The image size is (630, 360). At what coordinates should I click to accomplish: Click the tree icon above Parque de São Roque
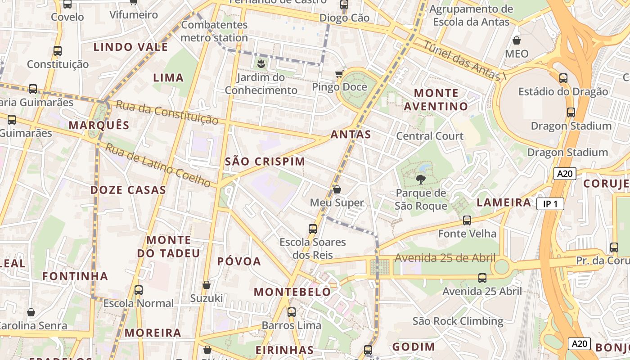(421, 180)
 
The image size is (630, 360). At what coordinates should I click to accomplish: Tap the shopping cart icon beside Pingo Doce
(339, 74)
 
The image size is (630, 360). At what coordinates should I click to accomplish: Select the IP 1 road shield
(550, 204)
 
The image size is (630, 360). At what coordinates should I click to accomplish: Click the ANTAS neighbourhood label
(351, 134)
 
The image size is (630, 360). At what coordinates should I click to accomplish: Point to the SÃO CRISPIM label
(265, 162)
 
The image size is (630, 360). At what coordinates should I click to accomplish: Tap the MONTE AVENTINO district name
(436, 99)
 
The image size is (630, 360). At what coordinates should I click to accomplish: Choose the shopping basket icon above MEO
(517, 40)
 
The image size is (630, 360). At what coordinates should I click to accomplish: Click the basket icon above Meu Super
(337, 189)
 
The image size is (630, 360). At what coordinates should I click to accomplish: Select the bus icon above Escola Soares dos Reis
(313, 229)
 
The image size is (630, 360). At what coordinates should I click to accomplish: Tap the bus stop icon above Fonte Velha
(467, 220)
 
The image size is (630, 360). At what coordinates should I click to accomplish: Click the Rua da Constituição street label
(167, 112)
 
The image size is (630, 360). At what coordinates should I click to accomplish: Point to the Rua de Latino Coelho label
(157, 165)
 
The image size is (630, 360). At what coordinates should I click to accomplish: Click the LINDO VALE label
(130, 47)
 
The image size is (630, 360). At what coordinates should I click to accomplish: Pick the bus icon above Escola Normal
(139, 290)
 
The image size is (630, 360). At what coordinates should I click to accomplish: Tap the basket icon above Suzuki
(207, 285)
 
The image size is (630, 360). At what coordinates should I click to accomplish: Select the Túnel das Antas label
(462, 62)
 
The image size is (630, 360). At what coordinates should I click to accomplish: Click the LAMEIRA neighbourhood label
(504, 202)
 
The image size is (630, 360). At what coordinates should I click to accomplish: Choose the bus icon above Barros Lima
(292, 312)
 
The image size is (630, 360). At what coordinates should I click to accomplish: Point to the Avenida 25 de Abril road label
(445, 258)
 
